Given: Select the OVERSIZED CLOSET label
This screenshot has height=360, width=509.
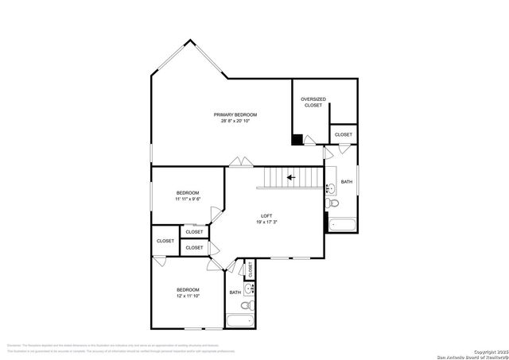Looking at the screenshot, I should (x=313, y=103).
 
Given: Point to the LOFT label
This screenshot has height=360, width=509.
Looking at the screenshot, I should (x=267, y=216).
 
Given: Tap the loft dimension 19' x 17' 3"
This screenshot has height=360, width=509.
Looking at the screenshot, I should (x=267, y=223).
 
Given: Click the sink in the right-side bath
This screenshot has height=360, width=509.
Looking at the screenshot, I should (x=331, y=188).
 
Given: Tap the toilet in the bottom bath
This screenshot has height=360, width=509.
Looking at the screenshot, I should (x=247, y=305).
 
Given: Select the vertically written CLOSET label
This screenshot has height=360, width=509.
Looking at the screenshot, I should (x=250, y=269).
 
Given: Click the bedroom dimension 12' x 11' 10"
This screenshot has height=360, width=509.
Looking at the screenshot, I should (x=188, y=296).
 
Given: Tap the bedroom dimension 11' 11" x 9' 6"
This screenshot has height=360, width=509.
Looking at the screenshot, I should (x=188, y=199).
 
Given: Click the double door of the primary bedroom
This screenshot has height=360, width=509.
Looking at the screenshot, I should (x=238, y=163).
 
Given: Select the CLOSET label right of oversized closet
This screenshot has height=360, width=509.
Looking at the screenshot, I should (x=343, y=135).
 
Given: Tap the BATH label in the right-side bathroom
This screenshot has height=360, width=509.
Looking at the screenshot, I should (x=347, y=183).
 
